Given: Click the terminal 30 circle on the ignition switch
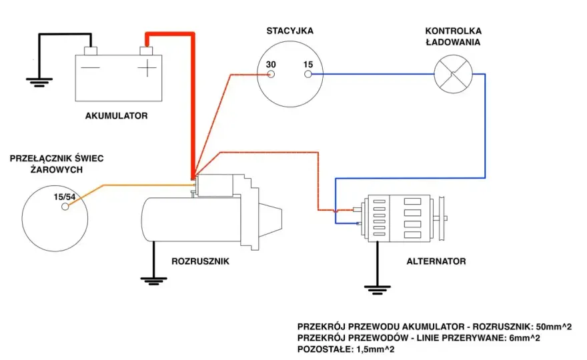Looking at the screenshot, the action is [271, 74].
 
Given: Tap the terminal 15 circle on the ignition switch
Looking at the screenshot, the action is [308, 74].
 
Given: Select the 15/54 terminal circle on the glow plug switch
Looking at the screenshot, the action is [65, 206].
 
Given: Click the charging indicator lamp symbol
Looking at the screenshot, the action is [453, 74].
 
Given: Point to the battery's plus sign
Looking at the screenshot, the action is [147, 68].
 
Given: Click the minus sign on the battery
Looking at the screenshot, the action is [91, 68].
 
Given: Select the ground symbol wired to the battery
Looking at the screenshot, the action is [39, 82].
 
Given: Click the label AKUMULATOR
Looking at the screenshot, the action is [117, 115].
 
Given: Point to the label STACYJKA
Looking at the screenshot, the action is [289, 31].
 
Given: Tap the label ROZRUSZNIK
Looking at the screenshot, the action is [200, 261].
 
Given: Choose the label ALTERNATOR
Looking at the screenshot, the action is [436, 261].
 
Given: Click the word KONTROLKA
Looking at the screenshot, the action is [454, 31].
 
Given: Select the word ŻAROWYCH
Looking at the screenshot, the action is [57, 169].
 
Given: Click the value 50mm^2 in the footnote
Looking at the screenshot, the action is [554, 327].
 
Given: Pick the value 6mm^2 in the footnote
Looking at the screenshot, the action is [524, 338].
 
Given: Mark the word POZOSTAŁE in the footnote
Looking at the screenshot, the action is [324, 349].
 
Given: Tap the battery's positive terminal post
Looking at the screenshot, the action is [146, 51].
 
